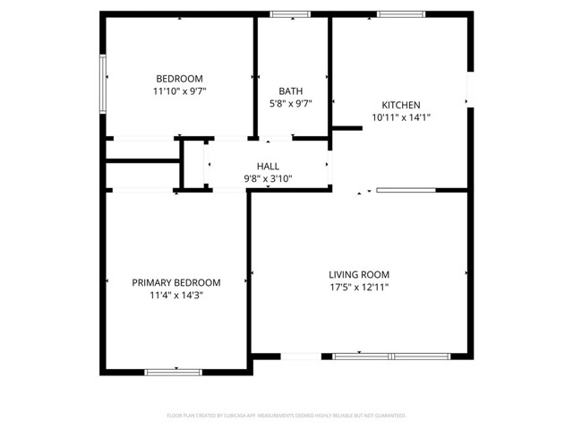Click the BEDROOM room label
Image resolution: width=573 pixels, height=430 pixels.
(x=179, y=78)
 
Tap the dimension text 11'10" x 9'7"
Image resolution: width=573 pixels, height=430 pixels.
(x=179, y=91)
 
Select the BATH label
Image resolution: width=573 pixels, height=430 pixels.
(x=290, y=90)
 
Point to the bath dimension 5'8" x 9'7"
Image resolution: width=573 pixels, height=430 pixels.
(x=290, y=104)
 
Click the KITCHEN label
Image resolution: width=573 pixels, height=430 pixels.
(x=401, y=104)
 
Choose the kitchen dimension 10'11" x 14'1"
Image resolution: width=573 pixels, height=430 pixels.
(x=401, y=117)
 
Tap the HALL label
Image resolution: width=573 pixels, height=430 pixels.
(x=268, y=166)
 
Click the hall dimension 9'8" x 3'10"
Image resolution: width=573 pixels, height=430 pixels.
(x=268, y=179)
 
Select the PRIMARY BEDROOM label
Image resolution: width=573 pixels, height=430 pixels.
(x=176, y=282)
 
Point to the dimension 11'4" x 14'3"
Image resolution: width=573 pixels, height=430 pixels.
(x=176, y=296)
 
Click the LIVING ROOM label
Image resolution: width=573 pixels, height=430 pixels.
(x=359, y=274)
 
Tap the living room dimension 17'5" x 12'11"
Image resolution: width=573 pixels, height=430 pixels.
(x=359, y=288)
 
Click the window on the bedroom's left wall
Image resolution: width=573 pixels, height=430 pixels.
(x=104, y=78)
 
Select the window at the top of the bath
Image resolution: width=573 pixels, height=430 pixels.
(x=290, y=14)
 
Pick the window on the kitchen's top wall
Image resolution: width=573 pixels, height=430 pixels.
(x=401, y=14)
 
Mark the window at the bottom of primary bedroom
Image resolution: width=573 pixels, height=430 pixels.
(x=174, y=372)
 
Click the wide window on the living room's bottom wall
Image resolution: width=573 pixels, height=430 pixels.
(x=391, y=357)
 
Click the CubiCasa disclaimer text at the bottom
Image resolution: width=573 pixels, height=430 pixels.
(x=286, y=416)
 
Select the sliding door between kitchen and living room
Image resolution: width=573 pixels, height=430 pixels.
(x=406, y=190)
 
